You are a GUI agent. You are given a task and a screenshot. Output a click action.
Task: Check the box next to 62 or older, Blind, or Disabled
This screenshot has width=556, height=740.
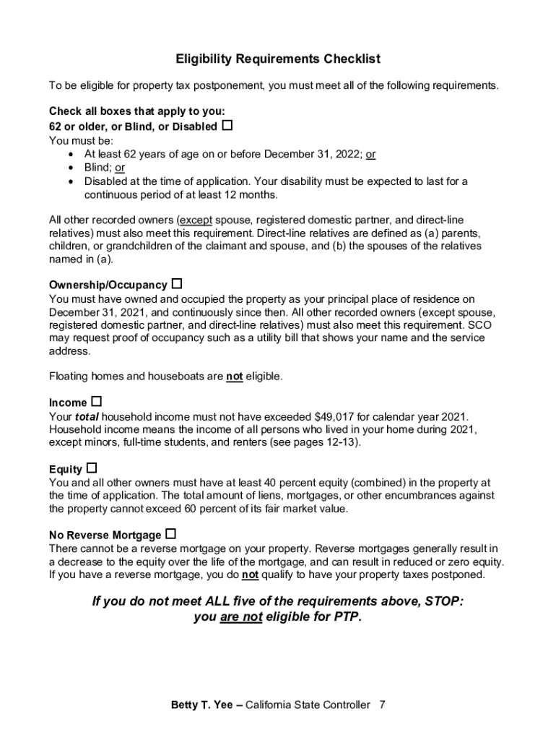[x=227, y=126]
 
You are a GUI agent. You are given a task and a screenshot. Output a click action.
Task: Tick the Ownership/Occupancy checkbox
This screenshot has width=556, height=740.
[x=177, y=284]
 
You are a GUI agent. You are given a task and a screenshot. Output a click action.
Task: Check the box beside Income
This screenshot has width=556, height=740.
[x=97, y=401]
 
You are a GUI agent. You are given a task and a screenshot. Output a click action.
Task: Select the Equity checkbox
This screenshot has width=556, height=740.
[x=92, y=468]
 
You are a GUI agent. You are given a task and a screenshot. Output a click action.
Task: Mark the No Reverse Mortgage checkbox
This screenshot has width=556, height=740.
[x=170, y=535]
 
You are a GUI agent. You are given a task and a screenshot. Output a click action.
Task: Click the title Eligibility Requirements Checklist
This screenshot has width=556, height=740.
[x=278, y=59]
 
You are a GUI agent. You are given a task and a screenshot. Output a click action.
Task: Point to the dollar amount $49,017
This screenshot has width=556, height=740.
[x=337, y=416]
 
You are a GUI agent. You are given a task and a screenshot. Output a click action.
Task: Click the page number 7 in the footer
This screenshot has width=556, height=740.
[x=382, y=705]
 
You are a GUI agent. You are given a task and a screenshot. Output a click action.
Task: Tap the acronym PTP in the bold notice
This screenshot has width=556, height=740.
[x=347, y=618]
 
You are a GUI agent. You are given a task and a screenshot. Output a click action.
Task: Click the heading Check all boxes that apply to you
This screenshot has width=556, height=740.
[x=137, y=111]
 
